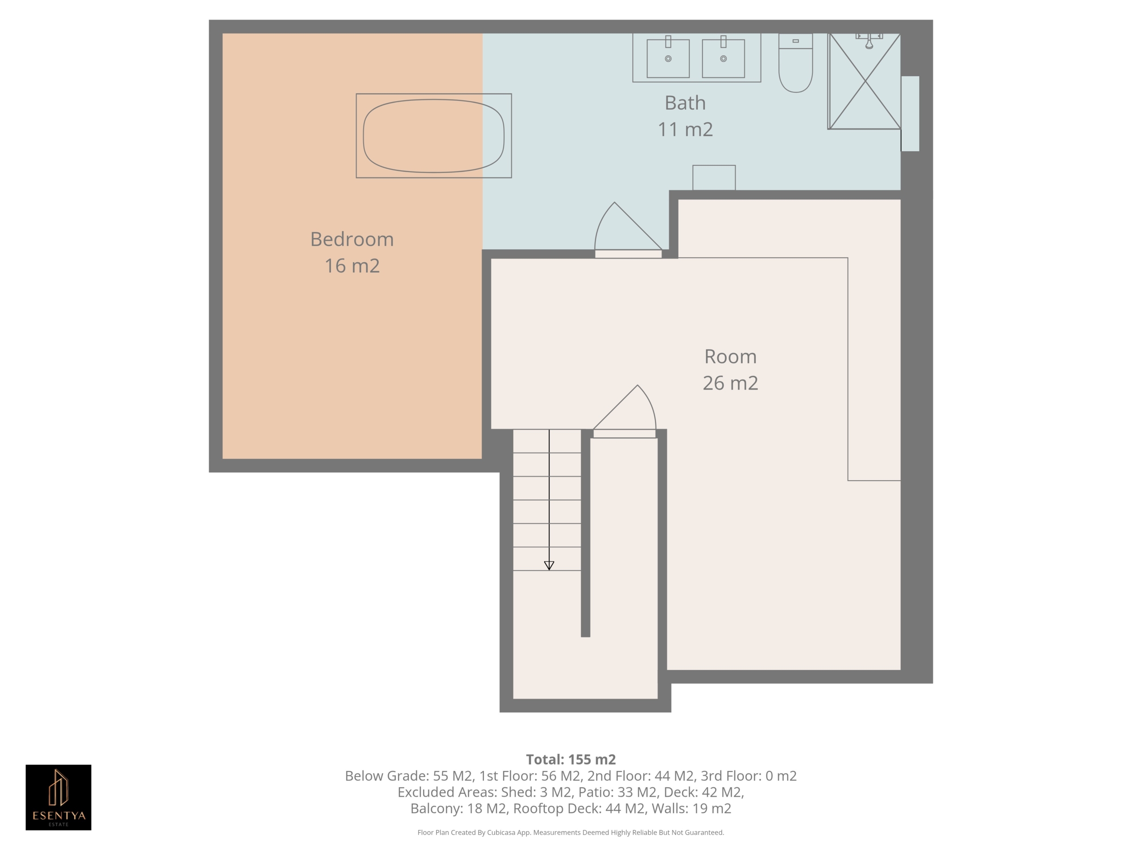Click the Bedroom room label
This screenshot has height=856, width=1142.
352,239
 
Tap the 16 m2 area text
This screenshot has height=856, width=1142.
352,266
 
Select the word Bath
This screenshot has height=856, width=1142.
685,103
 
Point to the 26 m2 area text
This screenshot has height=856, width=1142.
731,383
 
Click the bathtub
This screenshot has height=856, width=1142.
434,136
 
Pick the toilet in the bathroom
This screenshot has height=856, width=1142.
795,63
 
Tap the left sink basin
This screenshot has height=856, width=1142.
668,58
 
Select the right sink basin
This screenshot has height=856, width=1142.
723,58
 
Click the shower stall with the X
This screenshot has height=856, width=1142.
865,81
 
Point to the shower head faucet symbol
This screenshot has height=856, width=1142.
869,41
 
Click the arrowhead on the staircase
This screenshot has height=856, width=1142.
549,565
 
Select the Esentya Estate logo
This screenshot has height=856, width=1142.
58,797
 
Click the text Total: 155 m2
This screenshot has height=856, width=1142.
571,760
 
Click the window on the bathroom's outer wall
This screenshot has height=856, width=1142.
910,114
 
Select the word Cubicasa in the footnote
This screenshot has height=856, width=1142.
501,832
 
